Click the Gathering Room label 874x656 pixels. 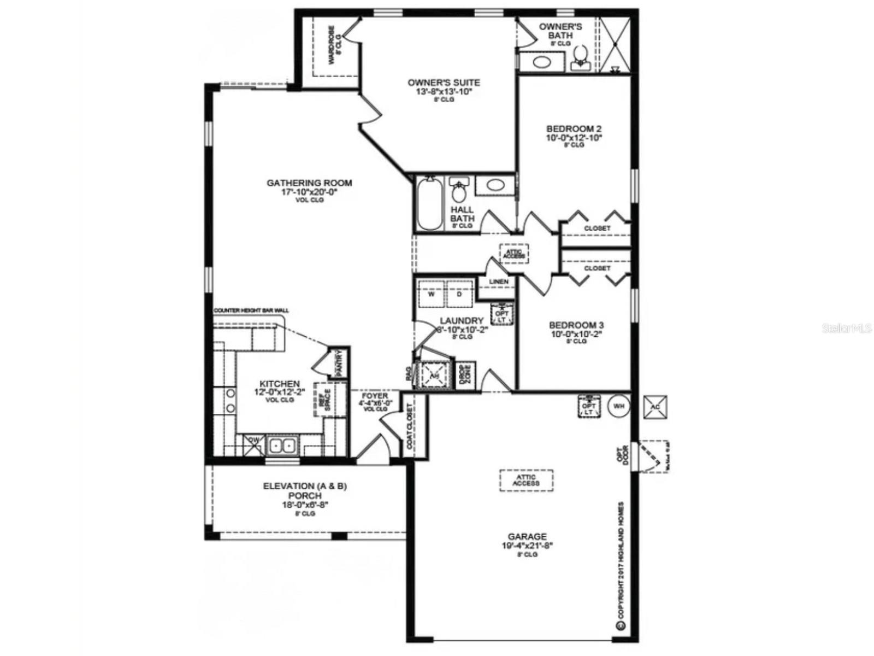tap(309, 183)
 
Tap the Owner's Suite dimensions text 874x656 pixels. tap(444, 92)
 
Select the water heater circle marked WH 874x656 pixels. tap(618, 406)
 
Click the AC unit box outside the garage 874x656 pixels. tap(655, 407)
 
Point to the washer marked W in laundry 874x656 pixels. tap(432, 294)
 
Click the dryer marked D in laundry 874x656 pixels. tap(459, 294)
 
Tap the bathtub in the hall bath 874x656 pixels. tap(429, 204)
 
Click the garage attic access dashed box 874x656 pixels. tap(526, 481)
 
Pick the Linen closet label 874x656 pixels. tap(498, 282)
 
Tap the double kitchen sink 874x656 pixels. tap(282, 446)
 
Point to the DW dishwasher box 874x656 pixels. tap(253, 444)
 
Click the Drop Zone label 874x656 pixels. tap(465, 376)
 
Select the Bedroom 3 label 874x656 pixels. tap(576, 325)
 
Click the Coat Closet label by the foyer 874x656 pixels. tap(410, 427)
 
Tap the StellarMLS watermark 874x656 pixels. tap(846, 329)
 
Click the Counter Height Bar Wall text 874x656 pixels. tap(251, 311)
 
